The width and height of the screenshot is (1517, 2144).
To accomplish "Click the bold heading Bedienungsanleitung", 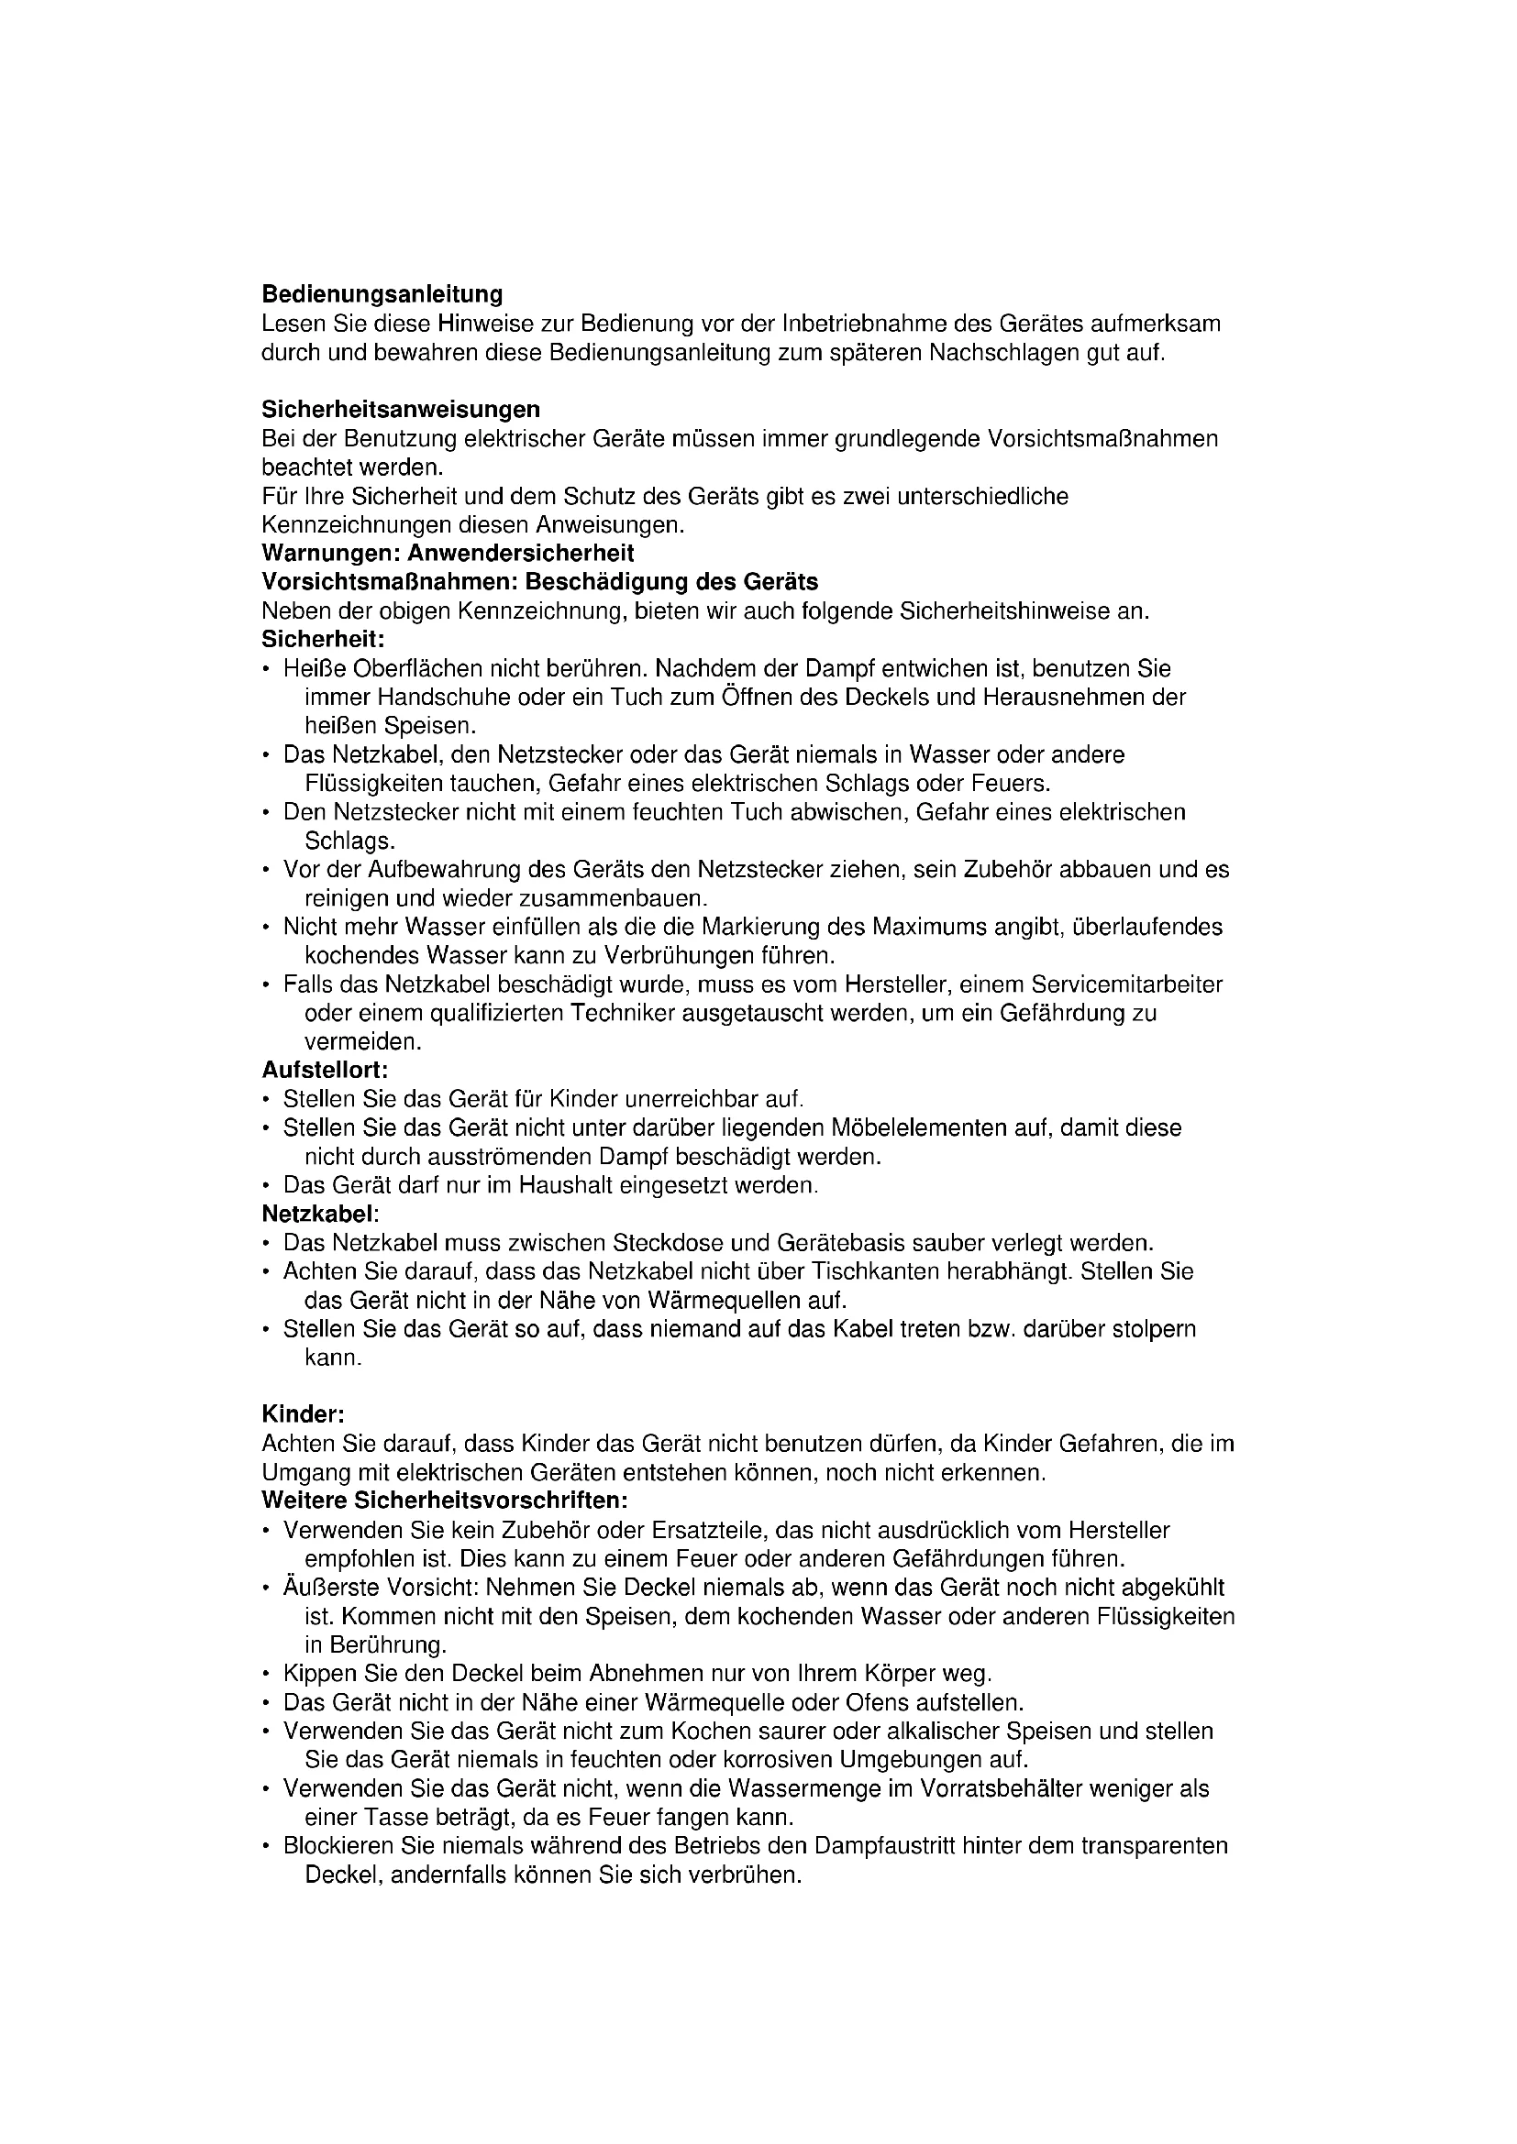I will point(382,295).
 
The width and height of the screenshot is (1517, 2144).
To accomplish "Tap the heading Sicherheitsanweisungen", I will point(401,409).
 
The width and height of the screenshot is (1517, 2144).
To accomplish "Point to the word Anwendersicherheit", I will point(520,553).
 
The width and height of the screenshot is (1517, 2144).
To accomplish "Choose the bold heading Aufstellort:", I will point(324,1069).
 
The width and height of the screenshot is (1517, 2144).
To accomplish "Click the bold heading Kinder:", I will point(304,1414).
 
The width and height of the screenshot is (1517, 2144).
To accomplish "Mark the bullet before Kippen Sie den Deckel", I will point(267,1675).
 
